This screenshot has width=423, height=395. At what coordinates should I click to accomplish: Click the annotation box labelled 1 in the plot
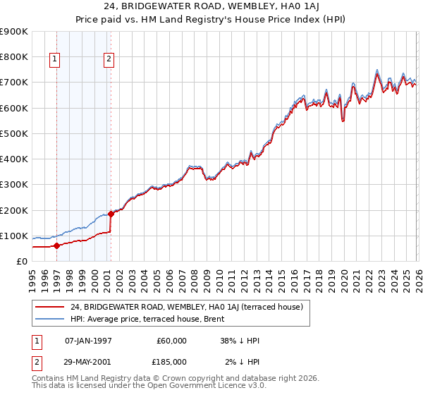pyautogui.click(x=55, y=60)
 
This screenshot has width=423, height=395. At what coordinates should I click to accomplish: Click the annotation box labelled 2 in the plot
pyautogui.click(x=109, y=60)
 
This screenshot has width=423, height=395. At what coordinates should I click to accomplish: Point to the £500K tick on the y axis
pyautogui.click(x=14, y=133)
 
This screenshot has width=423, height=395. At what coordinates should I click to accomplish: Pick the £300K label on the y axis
pyautogui.click(x=14, y=185)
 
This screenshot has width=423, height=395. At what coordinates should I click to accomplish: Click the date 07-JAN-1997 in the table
pyautogui.click(x=88, y=341)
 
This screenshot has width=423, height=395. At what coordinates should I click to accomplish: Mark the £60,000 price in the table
pyautogui.click(x=171, y=341)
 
